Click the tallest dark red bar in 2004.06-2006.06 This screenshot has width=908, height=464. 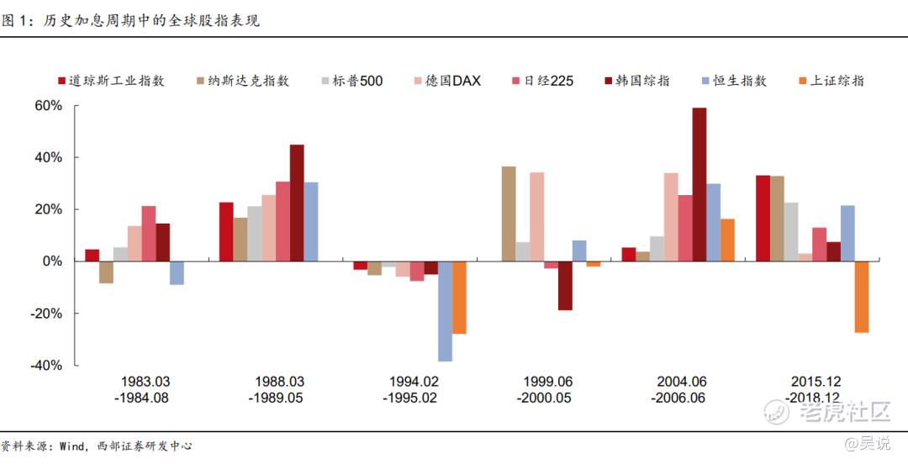[x=699, y=184]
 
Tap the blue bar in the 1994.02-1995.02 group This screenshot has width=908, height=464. [x=445, y=311]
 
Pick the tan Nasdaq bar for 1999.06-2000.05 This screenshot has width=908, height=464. [x=509, y=214]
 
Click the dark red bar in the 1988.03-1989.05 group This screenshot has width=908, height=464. [x=297, y=203]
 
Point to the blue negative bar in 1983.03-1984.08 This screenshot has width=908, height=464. [x=177, y=273]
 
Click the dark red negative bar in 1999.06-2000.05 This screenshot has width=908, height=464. [x=565, y=286]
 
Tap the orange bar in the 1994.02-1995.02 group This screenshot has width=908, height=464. [x=459, y=298]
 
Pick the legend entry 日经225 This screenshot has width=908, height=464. [x=548, y=81]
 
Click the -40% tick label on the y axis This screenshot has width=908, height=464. [x=46, y=365]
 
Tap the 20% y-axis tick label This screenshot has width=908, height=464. [x=49, y=209]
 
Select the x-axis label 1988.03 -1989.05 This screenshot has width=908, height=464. [x=276, y=389]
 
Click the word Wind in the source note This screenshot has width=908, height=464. [x=72, y=446]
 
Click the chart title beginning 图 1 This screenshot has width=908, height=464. [x=130, y=19]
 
